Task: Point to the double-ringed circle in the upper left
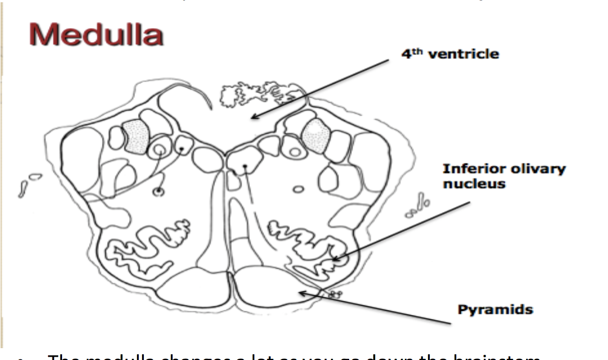159,150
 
